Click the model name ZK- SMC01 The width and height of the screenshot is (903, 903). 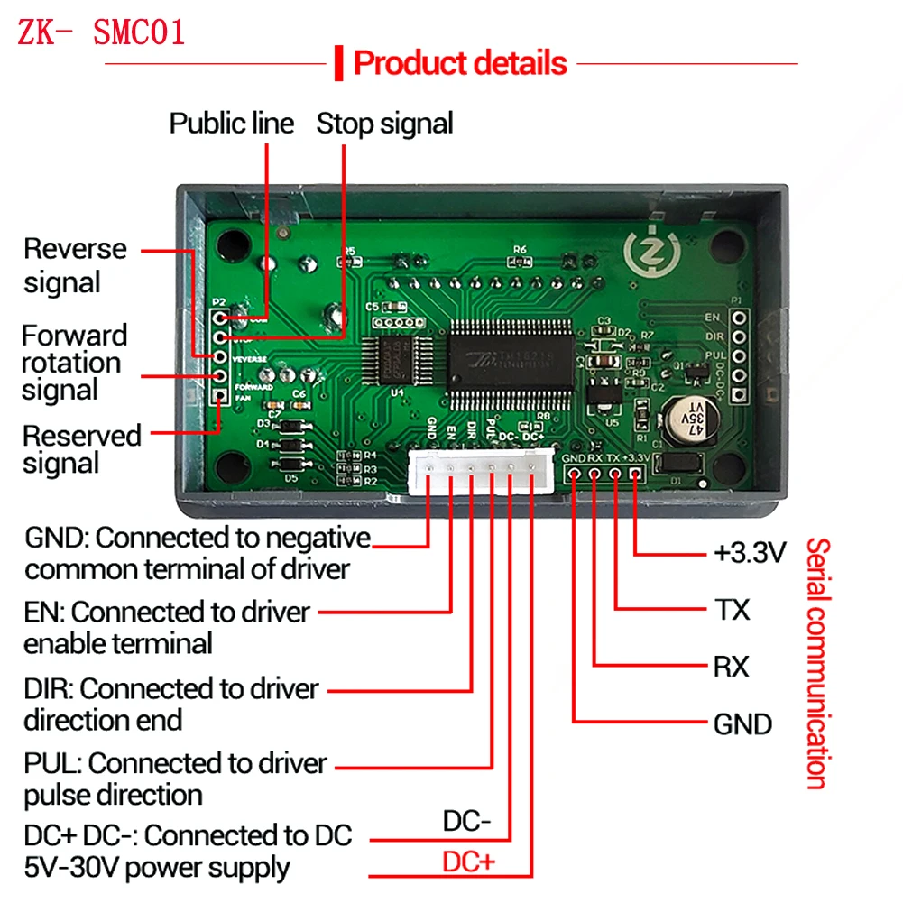[101, 32]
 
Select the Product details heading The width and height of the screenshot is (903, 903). [460, 63]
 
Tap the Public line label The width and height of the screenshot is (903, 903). [232, 123]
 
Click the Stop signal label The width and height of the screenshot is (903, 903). [384, 123]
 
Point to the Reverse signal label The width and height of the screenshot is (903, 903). [75, 265]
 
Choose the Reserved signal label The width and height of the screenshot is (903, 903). [81, 449]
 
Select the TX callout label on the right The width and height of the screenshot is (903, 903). [732, 610]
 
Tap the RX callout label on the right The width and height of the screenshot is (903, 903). [731, 667]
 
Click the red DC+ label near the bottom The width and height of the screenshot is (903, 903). [468, 862]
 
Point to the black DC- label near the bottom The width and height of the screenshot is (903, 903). [466, 822]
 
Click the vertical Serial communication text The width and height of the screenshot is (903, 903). [817, 663]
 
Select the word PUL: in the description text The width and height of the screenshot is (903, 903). [52, 763]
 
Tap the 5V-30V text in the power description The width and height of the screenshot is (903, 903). [68, 868]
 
